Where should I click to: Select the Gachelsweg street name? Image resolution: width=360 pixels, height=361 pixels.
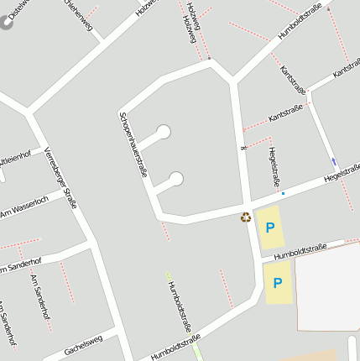click(83, 345)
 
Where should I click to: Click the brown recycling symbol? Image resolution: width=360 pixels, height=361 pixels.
click(246, 217)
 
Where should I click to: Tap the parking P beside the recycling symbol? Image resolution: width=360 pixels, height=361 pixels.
click(270, 227)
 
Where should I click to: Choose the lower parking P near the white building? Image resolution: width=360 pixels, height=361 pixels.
click(277, 284)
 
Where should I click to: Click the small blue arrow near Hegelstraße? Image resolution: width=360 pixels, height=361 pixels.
click(333, 162)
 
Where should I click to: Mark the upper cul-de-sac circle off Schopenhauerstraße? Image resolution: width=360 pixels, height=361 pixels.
click(164, 131)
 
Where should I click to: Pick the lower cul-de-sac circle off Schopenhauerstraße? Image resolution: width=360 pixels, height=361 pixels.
click(176, 178)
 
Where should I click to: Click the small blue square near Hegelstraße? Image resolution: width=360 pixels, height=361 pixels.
click(283, 194)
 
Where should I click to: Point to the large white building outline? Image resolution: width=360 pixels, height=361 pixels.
click(328, 285)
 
